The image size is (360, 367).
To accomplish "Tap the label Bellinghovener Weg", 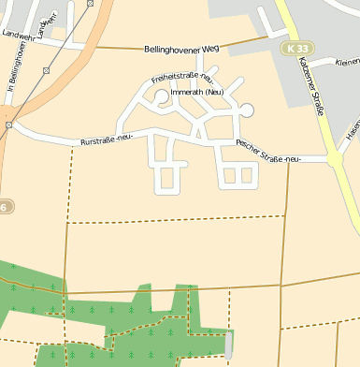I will (x=181, y=49).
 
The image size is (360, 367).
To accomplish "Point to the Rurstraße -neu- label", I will (x=108, y=140).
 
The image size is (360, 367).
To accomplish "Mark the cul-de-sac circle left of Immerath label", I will (x=161, y=95).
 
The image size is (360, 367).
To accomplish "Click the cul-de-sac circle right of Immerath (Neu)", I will (x=247, y=110).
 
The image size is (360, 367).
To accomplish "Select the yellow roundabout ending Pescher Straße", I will (x=335, y=159).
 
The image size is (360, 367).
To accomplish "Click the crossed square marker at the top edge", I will (x=89, y=4).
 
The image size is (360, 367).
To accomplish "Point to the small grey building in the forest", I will (x=230, y=345).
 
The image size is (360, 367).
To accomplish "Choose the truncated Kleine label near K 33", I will (x=347, y=63).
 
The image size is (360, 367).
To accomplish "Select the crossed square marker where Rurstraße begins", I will (x=7, y=124).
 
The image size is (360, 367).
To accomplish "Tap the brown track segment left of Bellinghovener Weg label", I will (x=112, y=47).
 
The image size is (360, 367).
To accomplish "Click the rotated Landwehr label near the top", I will (x=49, y=21).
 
